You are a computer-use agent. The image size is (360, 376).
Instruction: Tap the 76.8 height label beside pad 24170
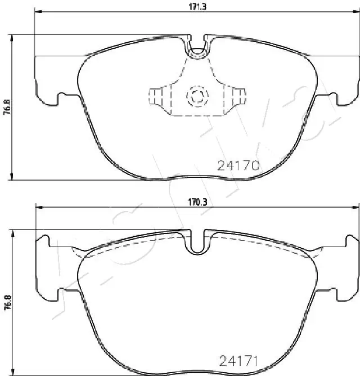7,107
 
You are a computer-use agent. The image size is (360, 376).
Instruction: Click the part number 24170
238,165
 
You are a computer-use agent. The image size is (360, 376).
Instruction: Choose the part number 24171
238,361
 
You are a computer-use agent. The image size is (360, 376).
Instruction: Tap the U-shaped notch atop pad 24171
196,245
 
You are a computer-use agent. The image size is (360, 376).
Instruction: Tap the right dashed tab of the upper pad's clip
239,96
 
